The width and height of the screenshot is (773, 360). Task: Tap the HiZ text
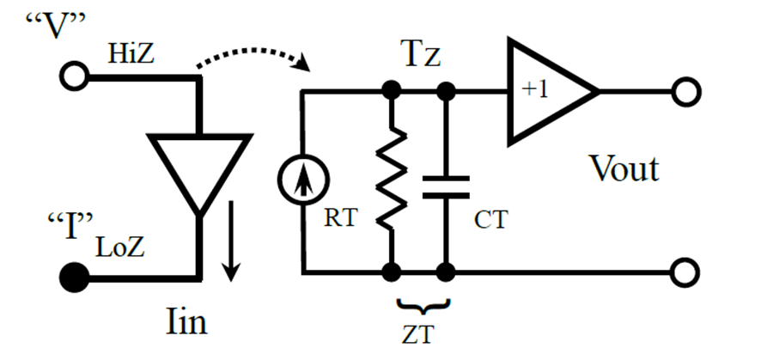(131, 55)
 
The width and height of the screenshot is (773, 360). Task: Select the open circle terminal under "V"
(74, 76)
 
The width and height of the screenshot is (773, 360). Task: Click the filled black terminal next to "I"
(74, 278)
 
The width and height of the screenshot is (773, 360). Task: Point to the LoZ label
(119, 248)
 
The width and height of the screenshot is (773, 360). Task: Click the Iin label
(186, 324)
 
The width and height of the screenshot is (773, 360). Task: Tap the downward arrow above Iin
(230, 241)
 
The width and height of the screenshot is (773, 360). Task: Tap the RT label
(339, 217)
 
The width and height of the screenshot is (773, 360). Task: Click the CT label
(491, 219)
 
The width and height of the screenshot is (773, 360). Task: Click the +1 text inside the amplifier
(535, 91)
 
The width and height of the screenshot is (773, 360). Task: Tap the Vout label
(625, 168)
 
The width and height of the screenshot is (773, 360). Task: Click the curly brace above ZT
(422, 306)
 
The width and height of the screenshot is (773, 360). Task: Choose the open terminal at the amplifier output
(685, 92)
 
